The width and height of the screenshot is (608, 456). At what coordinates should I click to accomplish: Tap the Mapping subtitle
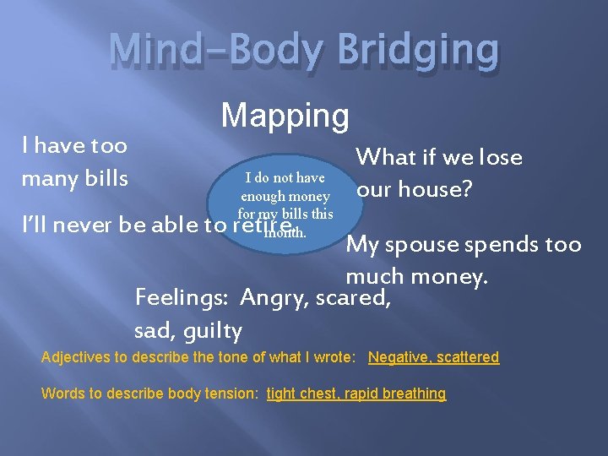(285, 116)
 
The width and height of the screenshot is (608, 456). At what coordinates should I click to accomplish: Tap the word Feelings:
(183, 297)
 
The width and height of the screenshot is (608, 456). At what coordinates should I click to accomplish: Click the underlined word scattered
(469, 357)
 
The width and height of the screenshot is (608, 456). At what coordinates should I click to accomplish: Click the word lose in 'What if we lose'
(501, 157)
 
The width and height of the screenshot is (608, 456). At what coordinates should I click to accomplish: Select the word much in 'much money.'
(372, 276)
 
